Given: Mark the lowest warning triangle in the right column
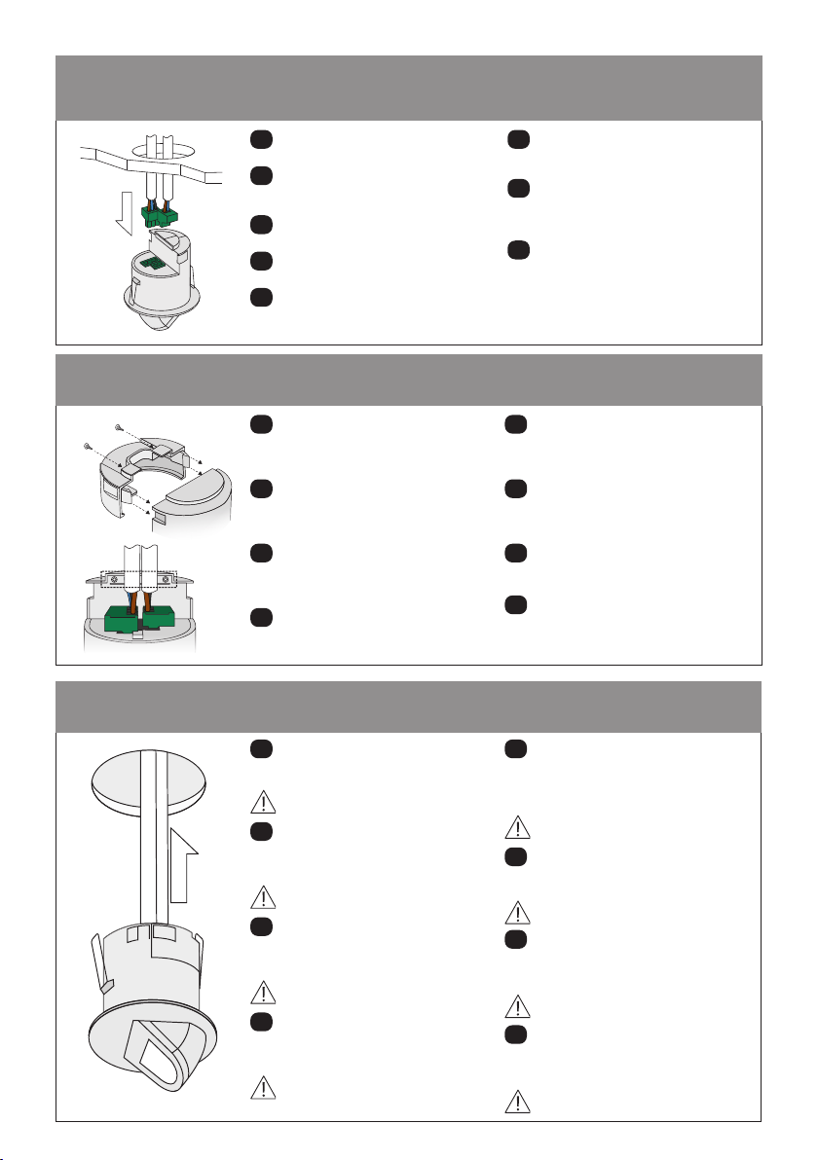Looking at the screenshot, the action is coord(517,1100).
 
